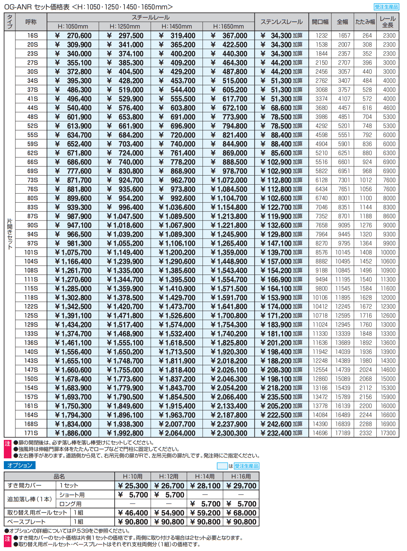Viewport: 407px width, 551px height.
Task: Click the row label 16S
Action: pos(32,36)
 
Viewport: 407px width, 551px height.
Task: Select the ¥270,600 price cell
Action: pos(73,36)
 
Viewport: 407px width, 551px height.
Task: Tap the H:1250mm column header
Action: pos(125,26)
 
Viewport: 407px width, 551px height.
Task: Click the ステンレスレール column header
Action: pos(282,22)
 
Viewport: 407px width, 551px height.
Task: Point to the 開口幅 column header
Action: pos(320,22)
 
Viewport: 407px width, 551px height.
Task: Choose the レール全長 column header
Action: pos(388,22)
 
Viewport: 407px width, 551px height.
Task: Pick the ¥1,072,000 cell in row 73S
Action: pos(229,180)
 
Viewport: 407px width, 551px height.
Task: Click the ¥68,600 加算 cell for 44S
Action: pos(282,108)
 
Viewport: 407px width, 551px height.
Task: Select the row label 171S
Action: pos(31,433)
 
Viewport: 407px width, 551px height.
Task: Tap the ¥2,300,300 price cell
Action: pos(229,433)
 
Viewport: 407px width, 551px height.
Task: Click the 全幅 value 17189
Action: pos(343,433)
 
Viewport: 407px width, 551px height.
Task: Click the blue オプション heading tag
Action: pos(20,465)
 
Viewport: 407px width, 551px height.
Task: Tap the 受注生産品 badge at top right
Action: pos(386,7)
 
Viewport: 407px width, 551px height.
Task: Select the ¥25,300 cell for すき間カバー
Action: pos(133,486)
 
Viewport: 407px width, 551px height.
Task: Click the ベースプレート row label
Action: pos(26,522)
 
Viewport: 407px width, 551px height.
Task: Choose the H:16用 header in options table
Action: pos(241,476)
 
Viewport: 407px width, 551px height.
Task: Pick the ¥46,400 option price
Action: pos(133,513)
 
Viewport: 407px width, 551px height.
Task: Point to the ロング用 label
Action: pos(70,504)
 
